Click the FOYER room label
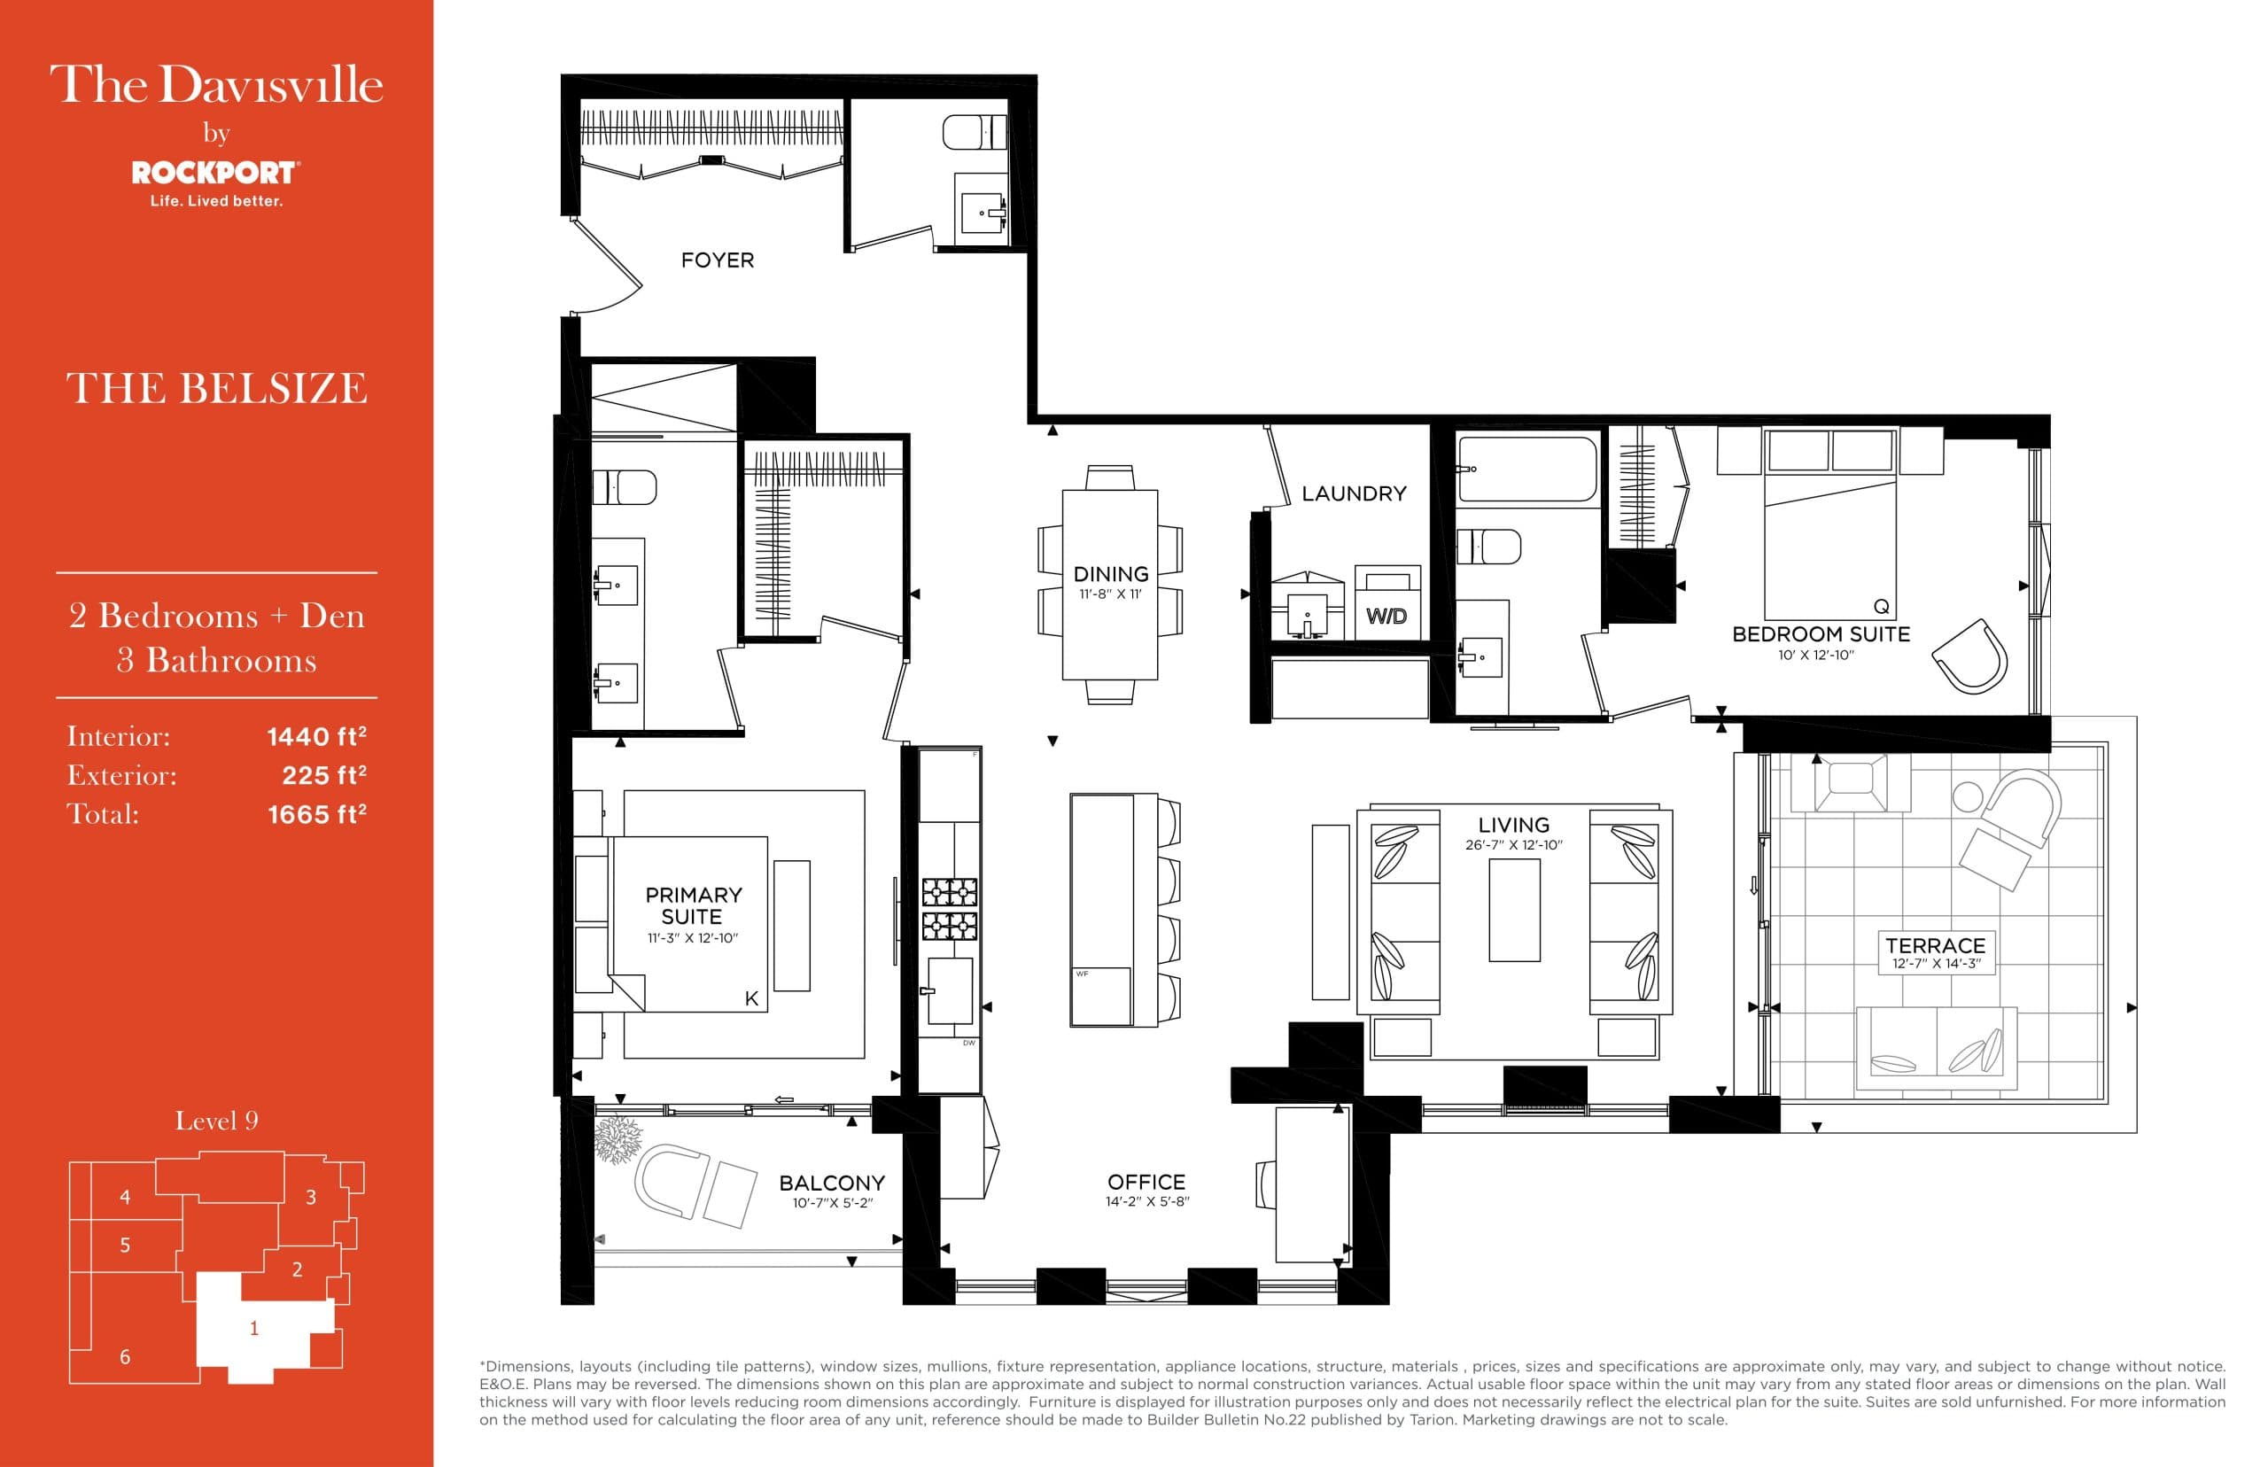717,260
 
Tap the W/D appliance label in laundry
1386,617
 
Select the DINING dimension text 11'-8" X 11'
1110,594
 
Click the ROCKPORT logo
215,173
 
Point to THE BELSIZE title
216,389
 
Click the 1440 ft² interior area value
316,736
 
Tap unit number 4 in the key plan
125,1198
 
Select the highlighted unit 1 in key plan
253,1329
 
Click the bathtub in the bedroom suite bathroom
1526,468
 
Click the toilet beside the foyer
974,132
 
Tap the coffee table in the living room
1513,911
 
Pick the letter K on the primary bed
751,998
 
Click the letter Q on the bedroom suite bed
1880,607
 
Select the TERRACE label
1935,945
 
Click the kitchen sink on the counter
950,990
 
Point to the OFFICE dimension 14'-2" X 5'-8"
1147,1202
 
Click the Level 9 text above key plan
216,1122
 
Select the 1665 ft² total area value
316,814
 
